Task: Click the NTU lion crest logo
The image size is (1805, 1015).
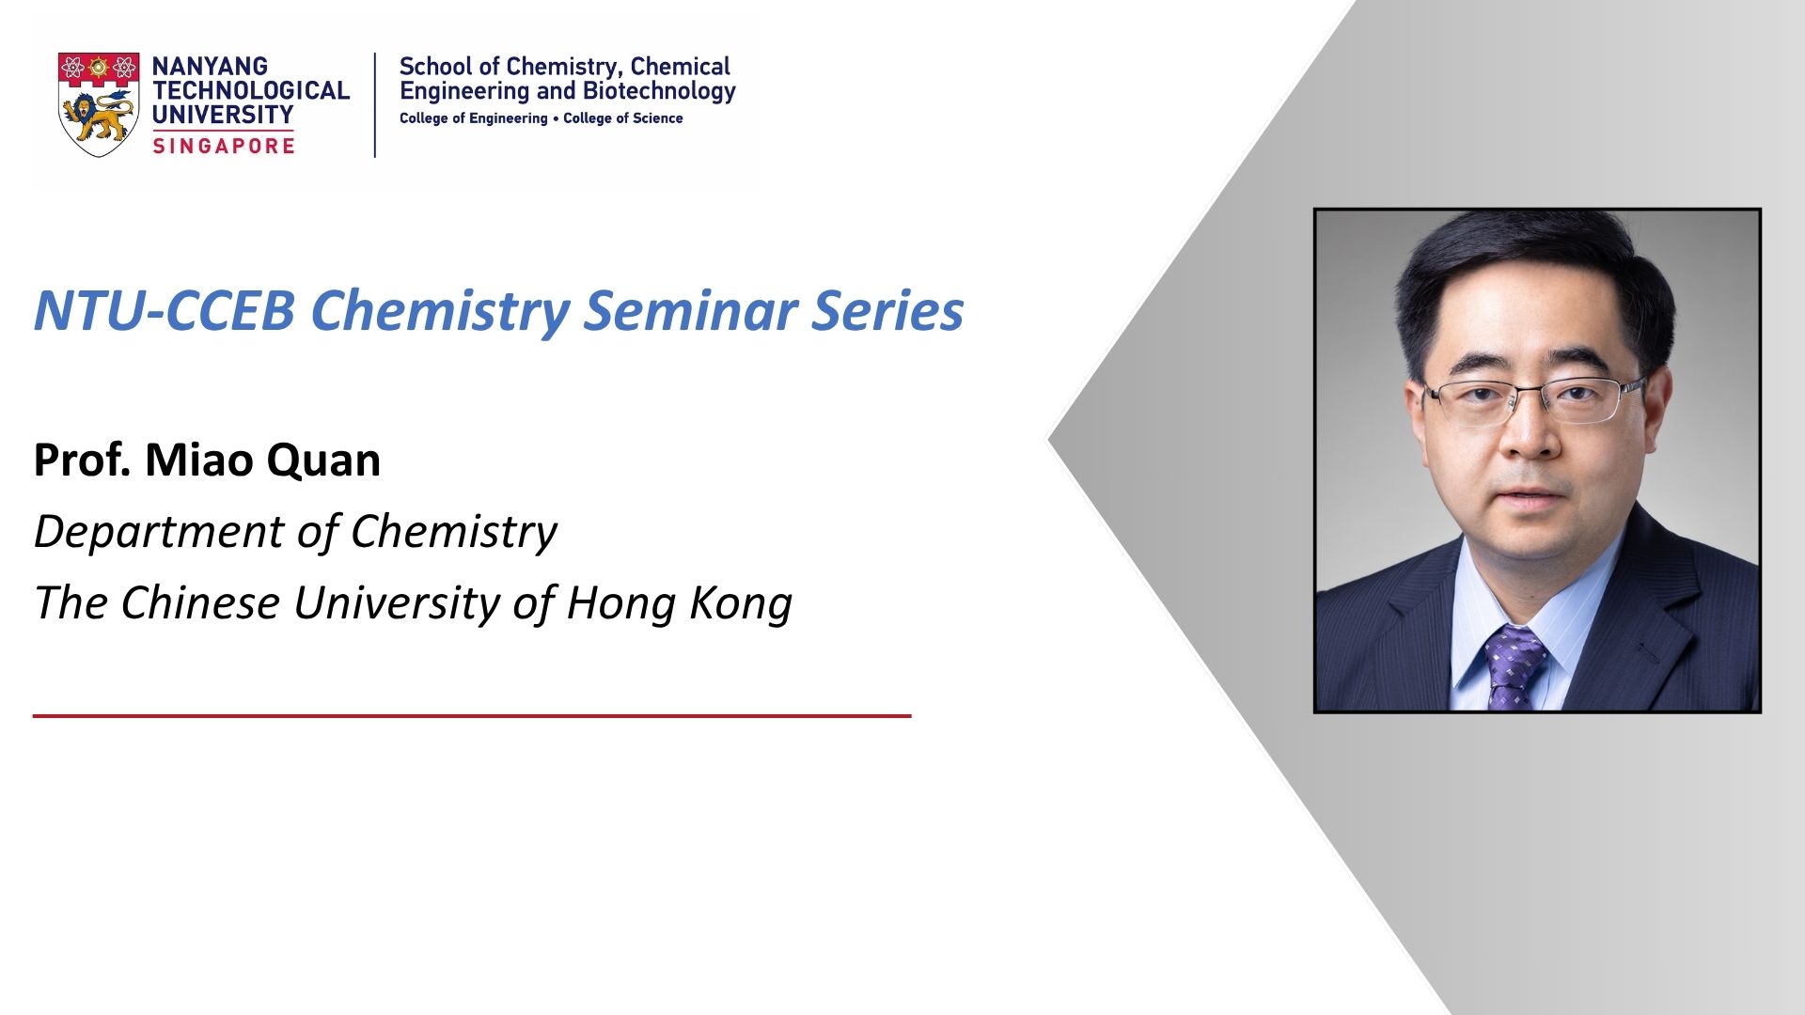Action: [99, 104]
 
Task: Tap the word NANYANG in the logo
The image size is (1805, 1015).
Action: [210, 67]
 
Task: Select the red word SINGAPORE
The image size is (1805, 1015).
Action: [224, 146]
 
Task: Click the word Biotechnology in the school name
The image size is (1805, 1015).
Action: [659, 92]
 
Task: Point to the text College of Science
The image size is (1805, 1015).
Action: [623, 118]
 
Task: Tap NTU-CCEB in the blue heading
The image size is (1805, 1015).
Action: [165, 310]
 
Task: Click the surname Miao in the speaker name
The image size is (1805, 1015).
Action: [199, 460]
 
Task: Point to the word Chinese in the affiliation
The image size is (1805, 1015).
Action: [199, 602]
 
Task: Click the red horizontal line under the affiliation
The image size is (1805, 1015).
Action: [472, 716]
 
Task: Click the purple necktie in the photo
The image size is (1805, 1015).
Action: [1514, 667]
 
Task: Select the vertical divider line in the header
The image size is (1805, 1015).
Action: [375, 104]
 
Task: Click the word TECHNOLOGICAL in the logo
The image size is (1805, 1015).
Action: [251, 91]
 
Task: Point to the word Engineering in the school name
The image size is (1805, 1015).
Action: [464, 92]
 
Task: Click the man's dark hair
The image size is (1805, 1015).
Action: [1532, 273]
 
